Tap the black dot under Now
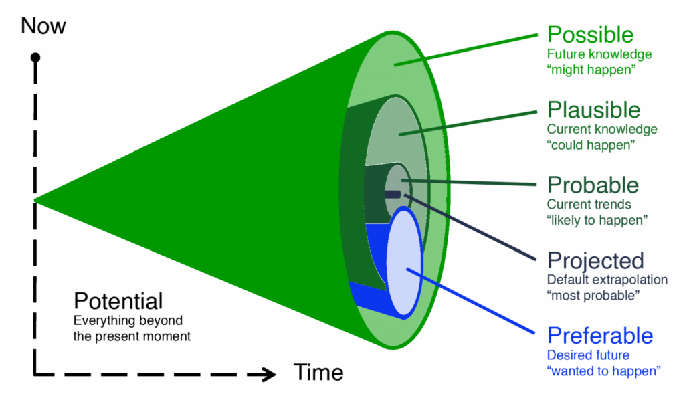(35, 58)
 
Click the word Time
(318, 372)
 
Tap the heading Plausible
(593, 109)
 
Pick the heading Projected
(595, 260)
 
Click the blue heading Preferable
(600, 335)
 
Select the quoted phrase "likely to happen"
(598, 220)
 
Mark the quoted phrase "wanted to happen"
(604, 371)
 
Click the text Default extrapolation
(607, 279)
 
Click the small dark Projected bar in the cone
(392, 194)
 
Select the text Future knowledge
(599, 54)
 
